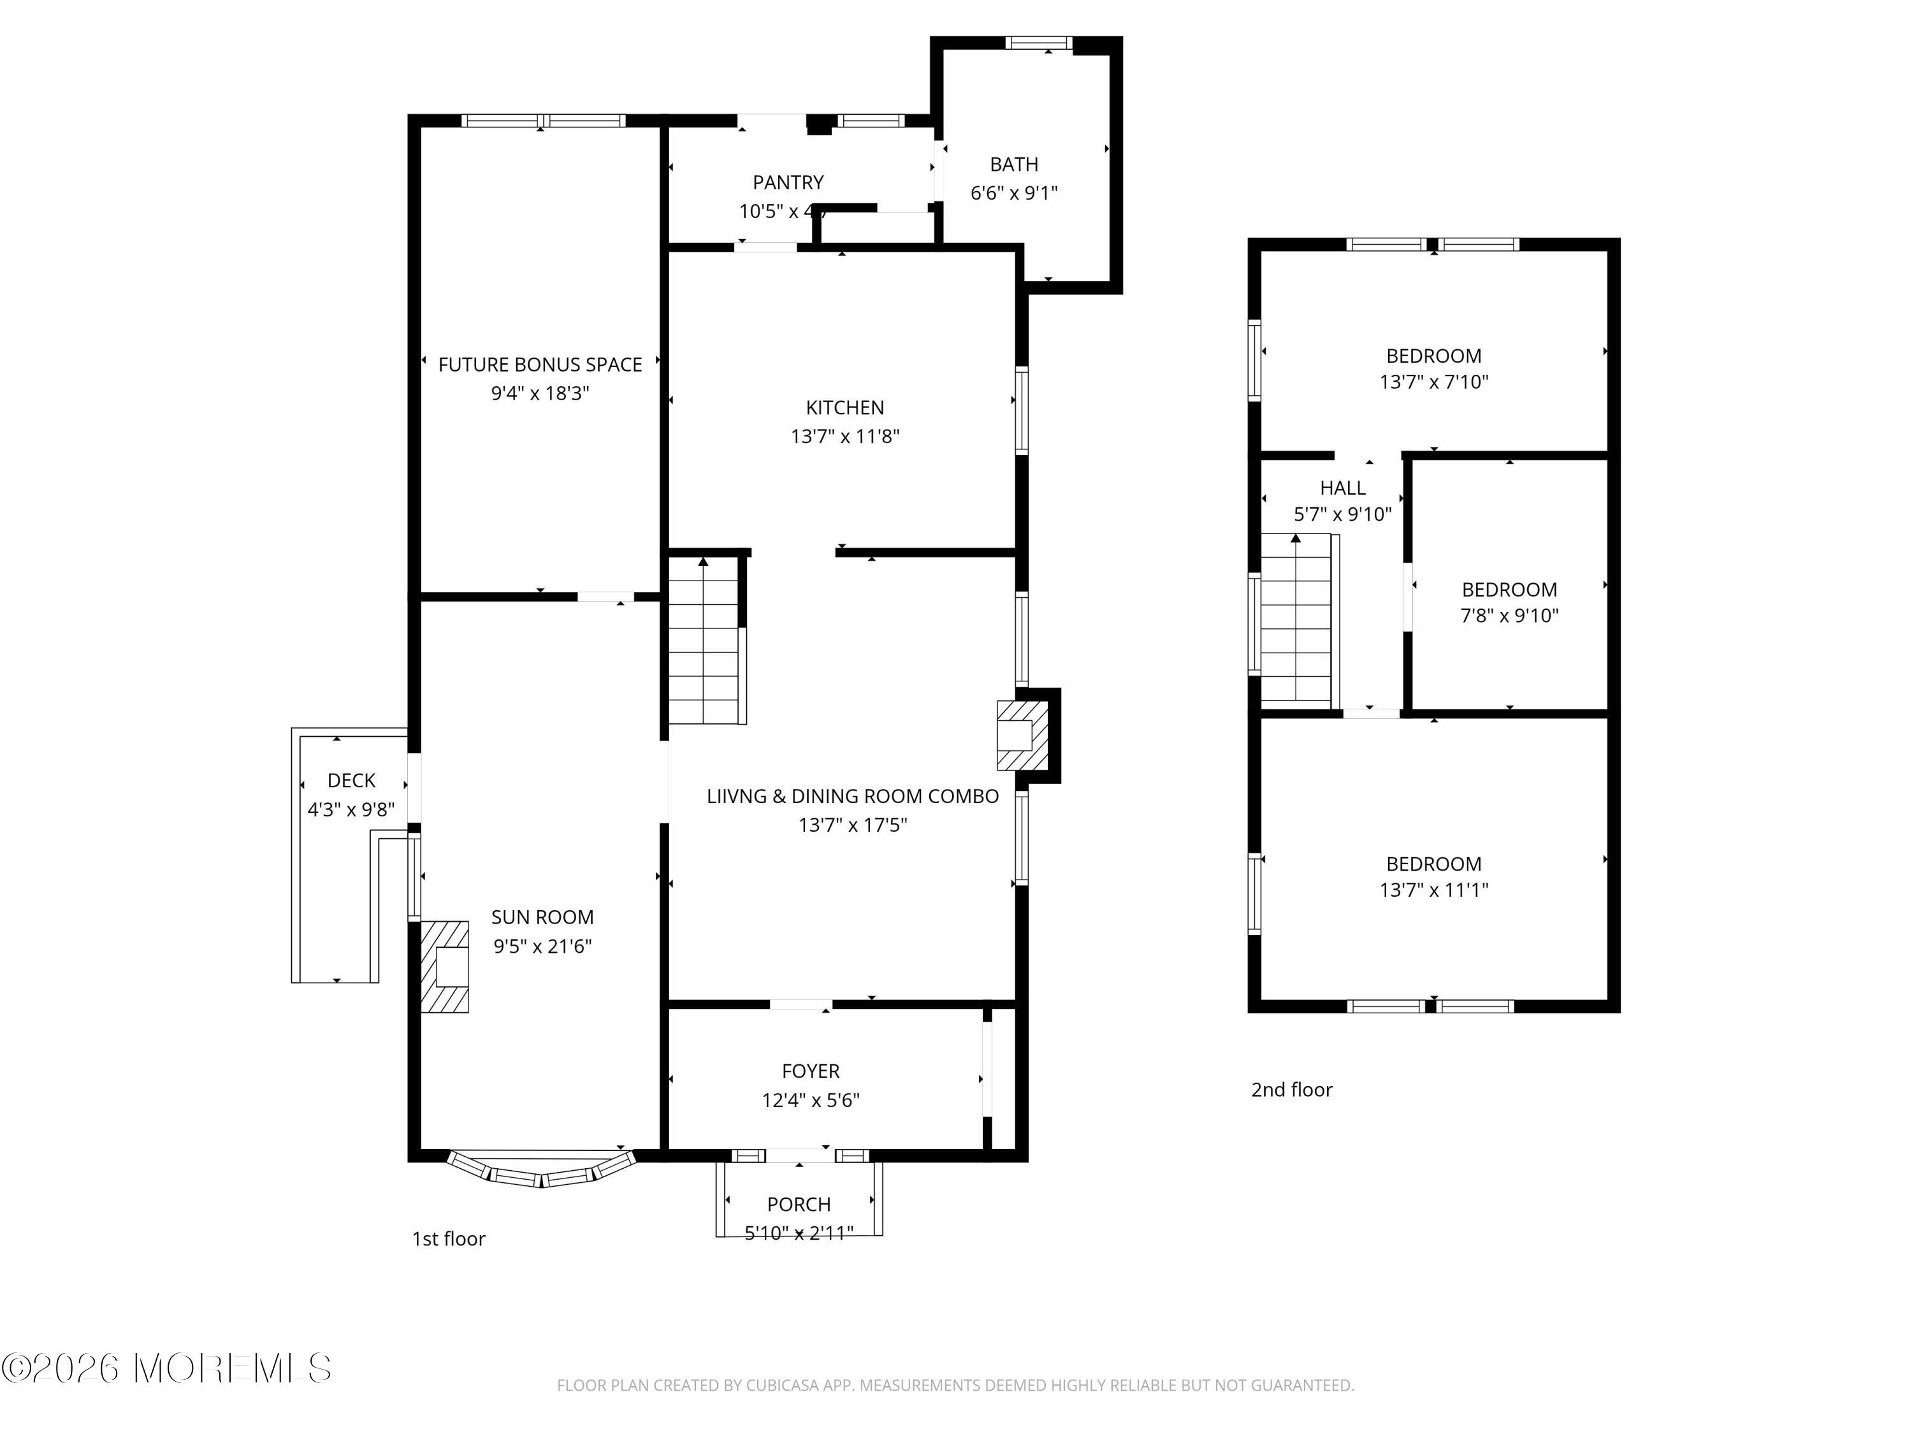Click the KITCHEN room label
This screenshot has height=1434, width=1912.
tap(844, 407)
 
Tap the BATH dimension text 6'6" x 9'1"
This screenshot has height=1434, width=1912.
tap(1013, 192)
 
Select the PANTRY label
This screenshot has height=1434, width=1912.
tap(788, 182)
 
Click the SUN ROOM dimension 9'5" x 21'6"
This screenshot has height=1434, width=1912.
tap(542, 946)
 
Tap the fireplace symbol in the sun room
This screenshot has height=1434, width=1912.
tap(445, 966)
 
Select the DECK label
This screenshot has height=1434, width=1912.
tap(351, 781)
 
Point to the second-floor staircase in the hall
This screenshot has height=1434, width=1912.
tap(1296, 618)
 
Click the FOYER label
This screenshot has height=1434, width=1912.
tap(810, 1071)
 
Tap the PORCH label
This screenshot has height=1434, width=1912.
tap(799, 1204)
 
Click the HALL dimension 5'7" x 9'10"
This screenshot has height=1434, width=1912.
tap(1342, 514)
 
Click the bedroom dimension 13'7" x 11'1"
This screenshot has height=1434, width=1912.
tap(1433, 890)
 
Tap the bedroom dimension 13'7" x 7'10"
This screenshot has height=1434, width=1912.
tap(1433, 381)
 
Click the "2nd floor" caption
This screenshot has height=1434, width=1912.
tap(1291, 1090)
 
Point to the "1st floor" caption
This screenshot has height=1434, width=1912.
tap(448, 1238)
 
